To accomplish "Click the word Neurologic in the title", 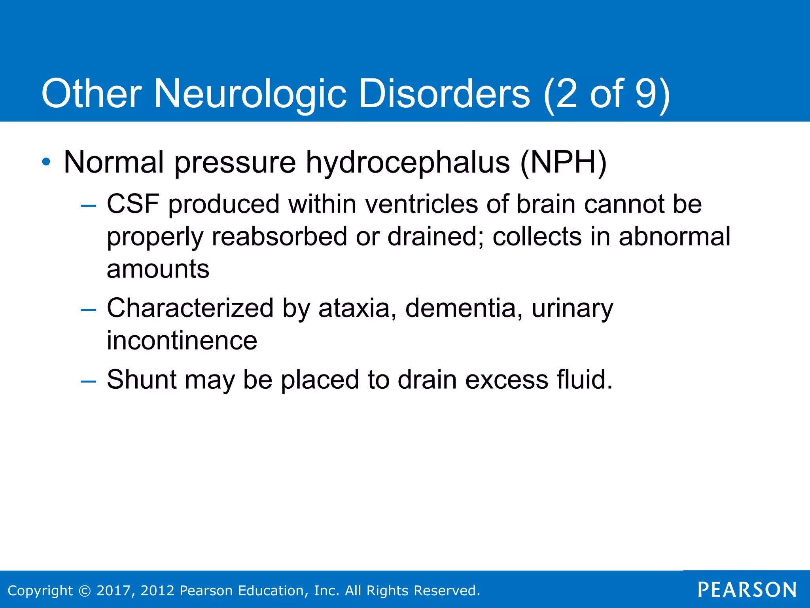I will point(250,94).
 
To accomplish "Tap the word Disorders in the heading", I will point(444,94).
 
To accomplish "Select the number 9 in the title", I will point(646,94).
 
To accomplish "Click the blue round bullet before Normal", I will point(47,162).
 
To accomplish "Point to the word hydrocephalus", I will point(408,163).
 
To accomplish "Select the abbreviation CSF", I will point(133,204).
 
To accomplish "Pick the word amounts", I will point(158,269).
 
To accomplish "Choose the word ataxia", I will point(354,308).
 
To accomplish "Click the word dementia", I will point(461,308).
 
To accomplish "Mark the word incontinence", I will point(182,340).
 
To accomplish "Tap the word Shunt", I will point(141,379).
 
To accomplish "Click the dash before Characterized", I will point(88,309).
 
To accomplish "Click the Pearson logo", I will point(747,590).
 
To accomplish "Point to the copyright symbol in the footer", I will point(85,591).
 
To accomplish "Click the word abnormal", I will point(674,237).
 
